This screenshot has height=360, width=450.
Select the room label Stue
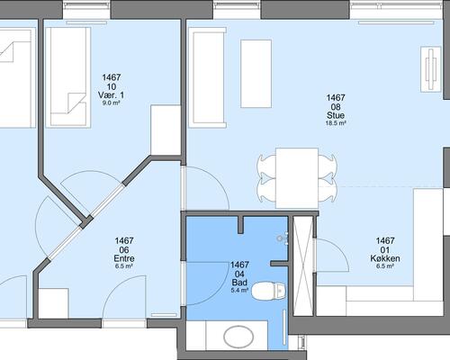click(x=336, y=115)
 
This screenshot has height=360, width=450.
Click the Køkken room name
click(x=385, y=258)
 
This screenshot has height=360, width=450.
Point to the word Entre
click(x=124, y=258)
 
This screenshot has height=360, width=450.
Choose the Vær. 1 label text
click(x=111, y=95)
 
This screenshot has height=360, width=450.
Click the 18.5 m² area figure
click(x=336, y=123)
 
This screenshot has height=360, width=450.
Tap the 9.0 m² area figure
click(x=111, y=103)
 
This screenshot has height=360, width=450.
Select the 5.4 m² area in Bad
click(x=239, y=290)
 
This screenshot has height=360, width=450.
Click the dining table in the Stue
click(x=297, y=178)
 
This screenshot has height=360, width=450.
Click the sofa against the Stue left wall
click(x=207, y=77)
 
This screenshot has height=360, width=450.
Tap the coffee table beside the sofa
click(x=256, y=74)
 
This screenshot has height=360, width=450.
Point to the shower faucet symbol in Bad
click(x=283, y=238)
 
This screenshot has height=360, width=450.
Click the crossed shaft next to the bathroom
click(x=302, y=265)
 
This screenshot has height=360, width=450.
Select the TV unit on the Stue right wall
click(x=431, y=69)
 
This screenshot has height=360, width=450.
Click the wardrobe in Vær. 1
click(x=166, y=130)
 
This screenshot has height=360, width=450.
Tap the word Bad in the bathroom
click(x=239, y=283)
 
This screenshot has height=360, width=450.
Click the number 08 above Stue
click(x=336, y=107)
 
